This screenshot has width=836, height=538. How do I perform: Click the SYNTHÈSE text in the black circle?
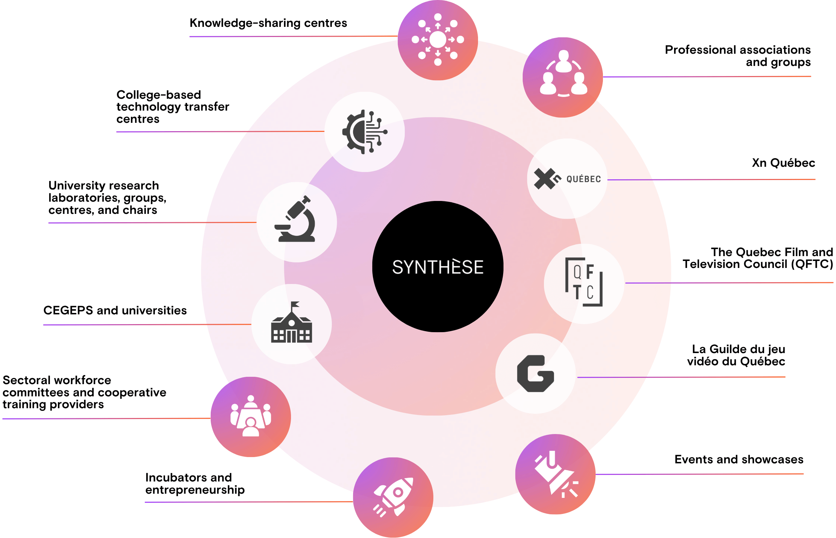click(x=438, y=267)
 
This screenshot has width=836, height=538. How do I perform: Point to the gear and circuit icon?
click(x=364, y=132)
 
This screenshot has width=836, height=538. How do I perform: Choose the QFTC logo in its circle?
click(x=584, y=282)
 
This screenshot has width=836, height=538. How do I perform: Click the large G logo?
click(x=535, y=373)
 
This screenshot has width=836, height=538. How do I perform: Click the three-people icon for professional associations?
click(x=563, y=74)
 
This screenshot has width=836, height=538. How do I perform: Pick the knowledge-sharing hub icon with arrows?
click(x=438, y=39)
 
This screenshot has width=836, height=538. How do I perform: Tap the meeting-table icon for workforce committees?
click(x=251, y=416)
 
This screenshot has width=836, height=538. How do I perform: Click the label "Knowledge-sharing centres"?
click(x=268, y=23)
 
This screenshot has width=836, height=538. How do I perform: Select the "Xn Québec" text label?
click(x=783, y=163)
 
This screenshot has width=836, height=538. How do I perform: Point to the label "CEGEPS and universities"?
click(x=115, y=310)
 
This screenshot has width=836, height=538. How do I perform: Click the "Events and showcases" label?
click(x=739, y=459)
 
